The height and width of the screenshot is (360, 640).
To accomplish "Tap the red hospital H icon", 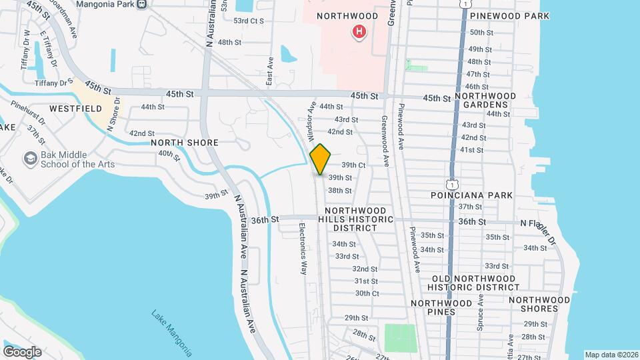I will [359, 31].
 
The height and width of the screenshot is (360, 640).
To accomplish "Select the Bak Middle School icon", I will [30, 159].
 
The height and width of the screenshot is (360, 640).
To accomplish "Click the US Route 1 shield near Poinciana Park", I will [453, 182].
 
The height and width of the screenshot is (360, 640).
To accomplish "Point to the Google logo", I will [22, 351].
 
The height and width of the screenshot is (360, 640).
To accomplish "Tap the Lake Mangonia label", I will [171, 333].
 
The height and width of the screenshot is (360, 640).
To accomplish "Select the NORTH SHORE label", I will [185, 143].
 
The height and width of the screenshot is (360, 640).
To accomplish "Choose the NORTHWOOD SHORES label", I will [539, 305].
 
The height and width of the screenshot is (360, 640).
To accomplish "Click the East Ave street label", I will [270, 70].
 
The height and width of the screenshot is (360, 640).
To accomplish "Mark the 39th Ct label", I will [353, 165].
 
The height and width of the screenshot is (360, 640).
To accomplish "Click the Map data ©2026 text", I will [611, 354].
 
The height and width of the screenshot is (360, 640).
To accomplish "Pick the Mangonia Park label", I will [105, 4].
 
